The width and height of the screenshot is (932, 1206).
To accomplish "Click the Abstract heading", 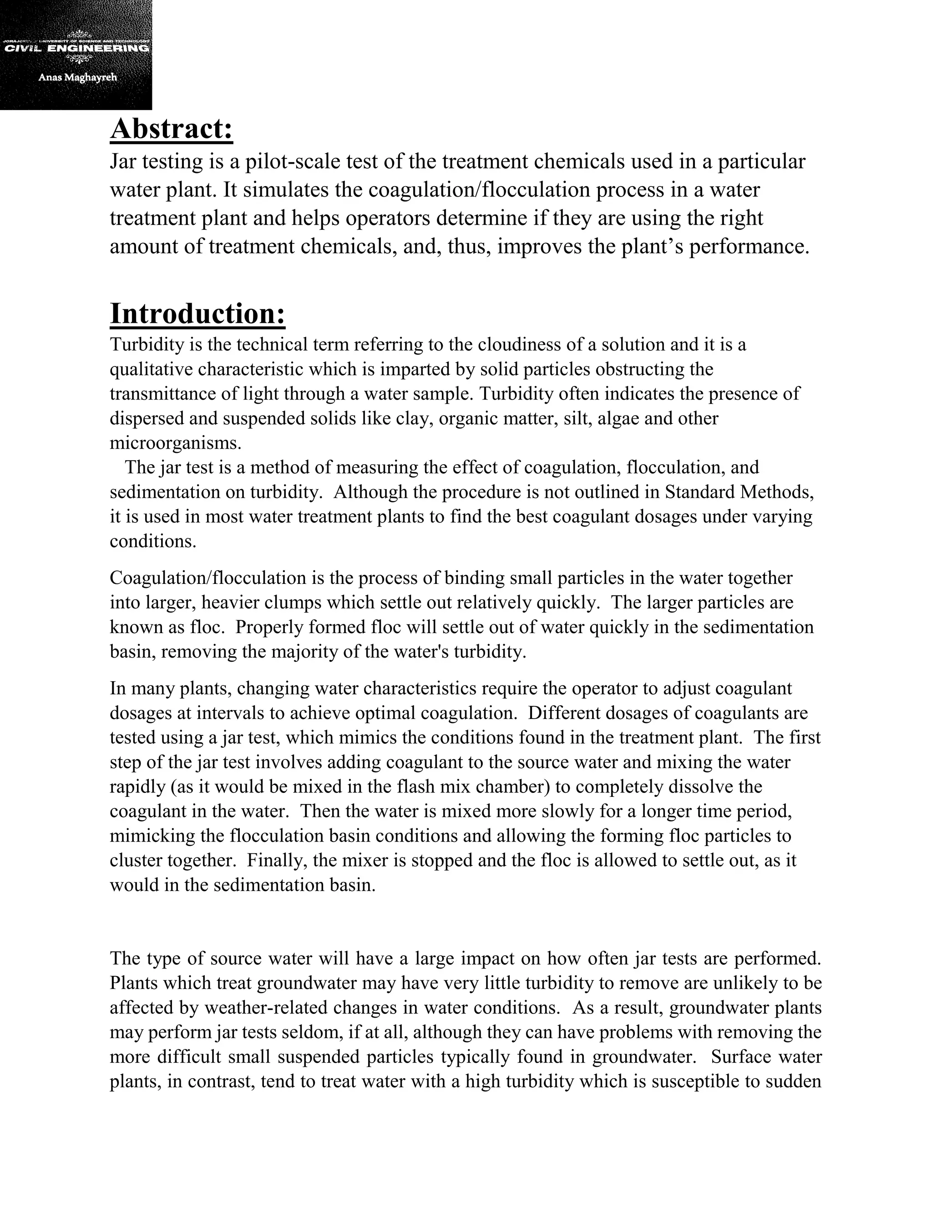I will click(x=172, y=129).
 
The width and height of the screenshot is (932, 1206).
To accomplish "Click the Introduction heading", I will click(x=198, y=314).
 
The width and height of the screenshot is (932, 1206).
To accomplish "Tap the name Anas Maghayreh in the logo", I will click(x=77, y=77).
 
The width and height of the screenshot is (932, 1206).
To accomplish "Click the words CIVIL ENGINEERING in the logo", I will click(x=76, y=49).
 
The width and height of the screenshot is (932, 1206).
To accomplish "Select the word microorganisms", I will click(x=176, y=443).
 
